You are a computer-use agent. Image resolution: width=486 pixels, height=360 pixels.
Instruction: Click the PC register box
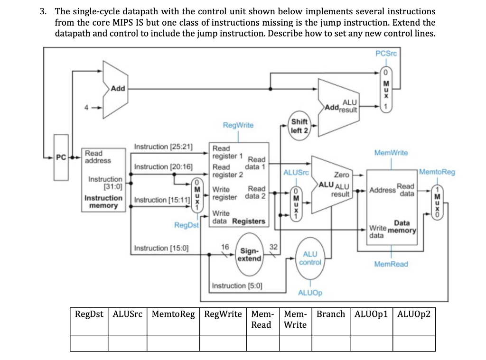click(60, 157)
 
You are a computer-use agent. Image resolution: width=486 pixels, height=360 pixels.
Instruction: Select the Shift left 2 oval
click(299, 126)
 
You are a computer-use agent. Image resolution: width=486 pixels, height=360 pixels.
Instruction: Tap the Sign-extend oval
click(250, 255)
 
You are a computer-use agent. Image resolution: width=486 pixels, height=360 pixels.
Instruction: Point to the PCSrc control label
click(385, 54)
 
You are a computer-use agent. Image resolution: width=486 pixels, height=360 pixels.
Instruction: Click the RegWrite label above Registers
click(238, 125)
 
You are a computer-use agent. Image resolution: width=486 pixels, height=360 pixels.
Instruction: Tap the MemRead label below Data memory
click(391, 264)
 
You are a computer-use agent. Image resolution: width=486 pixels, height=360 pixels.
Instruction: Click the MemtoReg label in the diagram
click(437, 172)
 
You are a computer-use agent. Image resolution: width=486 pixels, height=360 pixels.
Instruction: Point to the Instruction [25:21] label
click(163, 147)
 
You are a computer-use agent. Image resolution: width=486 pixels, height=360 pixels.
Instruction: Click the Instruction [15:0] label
click(161, 248)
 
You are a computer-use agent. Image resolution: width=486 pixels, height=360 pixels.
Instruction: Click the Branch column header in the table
click(331, 314)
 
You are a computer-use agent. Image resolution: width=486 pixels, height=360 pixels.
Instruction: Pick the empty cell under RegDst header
click(89, 343)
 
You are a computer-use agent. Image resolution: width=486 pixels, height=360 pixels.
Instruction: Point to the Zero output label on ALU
click(342, 175)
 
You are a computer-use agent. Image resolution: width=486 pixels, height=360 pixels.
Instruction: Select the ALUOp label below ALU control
click(310, 293)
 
